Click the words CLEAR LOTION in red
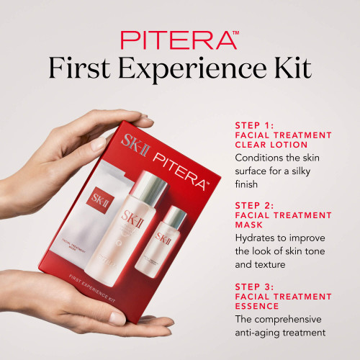click(271, 145)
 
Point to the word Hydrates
click(258, 238)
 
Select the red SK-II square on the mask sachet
click(97, 198)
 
